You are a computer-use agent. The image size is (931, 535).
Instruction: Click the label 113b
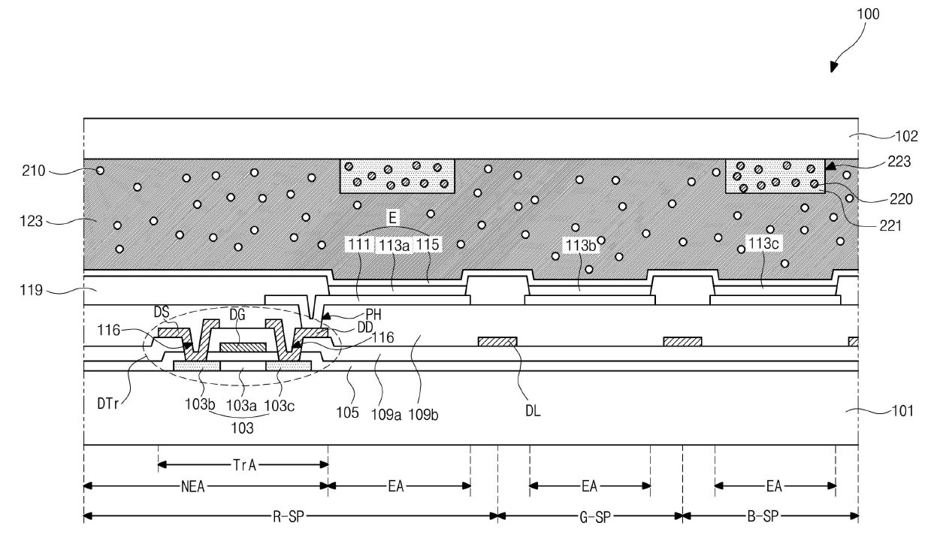pos(579,244)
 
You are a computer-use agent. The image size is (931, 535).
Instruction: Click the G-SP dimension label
pos(590,517)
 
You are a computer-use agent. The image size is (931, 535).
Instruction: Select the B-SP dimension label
pos(770,517)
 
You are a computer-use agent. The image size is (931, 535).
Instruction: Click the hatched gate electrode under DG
pos(243,347)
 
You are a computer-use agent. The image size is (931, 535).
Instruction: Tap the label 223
pos(901,161)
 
